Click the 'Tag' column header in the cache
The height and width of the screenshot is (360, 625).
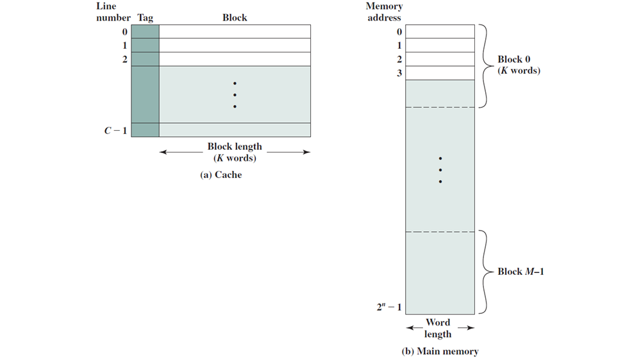(145, 18)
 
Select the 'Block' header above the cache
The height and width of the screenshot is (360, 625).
(235, 18)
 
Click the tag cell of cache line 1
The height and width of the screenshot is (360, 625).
(145, 45)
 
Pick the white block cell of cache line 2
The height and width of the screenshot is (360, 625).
(235, 59)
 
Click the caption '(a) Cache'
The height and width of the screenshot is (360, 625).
(221, 174)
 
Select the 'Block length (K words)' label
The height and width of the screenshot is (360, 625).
(235, 152)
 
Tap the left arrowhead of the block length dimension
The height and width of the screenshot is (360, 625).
(163, 152)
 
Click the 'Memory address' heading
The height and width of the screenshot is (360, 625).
(385, 12)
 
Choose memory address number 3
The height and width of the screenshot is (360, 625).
(399, 73)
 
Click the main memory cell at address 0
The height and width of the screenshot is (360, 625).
(440, 31)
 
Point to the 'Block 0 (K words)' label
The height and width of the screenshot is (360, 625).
(519, 65)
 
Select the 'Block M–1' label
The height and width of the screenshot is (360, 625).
(521, 272)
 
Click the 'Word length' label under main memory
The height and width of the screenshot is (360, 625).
(438, 328)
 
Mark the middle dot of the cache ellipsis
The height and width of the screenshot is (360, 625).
(235, 95)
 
